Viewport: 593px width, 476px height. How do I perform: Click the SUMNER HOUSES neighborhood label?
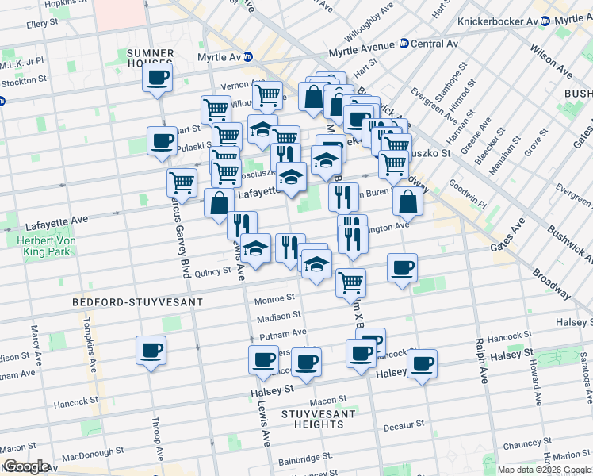click(150, 58)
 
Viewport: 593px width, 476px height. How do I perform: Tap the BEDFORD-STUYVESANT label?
click(138, 302)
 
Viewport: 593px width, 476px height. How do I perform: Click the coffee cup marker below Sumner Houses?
click(157, 79)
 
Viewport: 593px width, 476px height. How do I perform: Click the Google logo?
click(25, 466)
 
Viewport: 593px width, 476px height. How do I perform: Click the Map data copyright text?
click(542, 470)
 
